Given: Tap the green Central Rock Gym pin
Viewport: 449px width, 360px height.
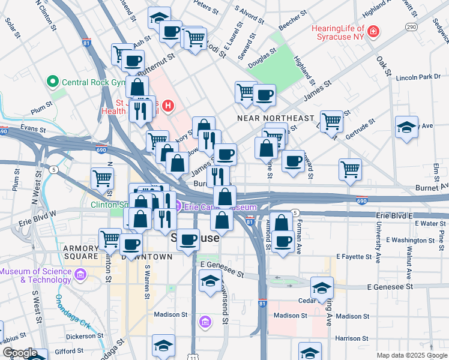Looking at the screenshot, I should (x=52, y=81).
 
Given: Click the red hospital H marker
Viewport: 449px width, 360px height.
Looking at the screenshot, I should (x=168, y=107).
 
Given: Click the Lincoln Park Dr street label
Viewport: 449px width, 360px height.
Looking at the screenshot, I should (x=418, y=77).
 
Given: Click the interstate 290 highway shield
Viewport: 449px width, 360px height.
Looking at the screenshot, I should (x=411, y=27).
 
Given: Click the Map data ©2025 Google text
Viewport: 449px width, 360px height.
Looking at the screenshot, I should (x=412, y=355).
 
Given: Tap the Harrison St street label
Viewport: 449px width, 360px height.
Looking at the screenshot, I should (x=352, y=338).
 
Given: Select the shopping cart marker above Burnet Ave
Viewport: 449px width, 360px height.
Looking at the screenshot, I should (x=350, y=168).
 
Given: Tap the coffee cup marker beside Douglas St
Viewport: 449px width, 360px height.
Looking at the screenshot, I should (x=264, y=94).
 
